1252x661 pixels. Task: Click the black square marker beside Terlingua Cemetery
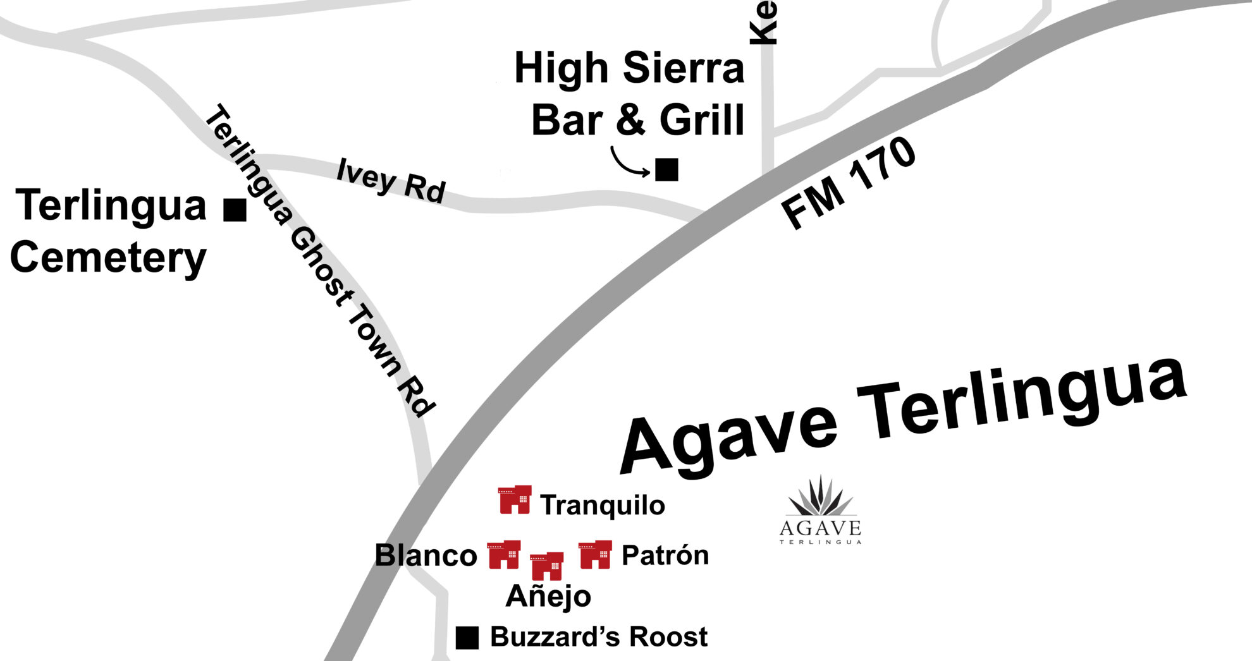[235, 210]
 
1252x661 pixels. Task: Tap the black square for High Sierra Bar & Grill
[666, 170]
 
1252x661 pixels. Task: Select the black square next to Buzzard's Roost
[467, 638]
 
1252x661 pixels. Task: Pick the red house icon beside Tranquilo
[515, 500]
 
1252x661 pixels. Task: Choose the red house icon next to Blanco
[504, 555]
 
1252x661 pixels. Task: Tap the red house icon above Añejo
[546, 566]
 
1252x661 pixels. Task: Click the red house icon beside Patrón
[595, 555]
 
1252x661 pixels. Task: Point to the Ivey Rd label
[391, 181]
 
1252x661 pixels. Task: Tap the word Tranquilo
[602, 506]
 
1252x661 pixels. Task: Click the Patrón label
[665, 555]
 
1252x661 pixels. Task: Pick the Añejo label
[548, 596]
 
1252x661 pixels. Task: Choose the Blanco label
[426, 555]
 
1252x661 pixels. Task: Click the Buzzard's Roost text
[598, 637]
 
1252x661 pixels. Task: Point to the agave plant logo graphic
[820, 497]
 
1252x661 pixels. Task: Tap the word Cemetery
[108, 258]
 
